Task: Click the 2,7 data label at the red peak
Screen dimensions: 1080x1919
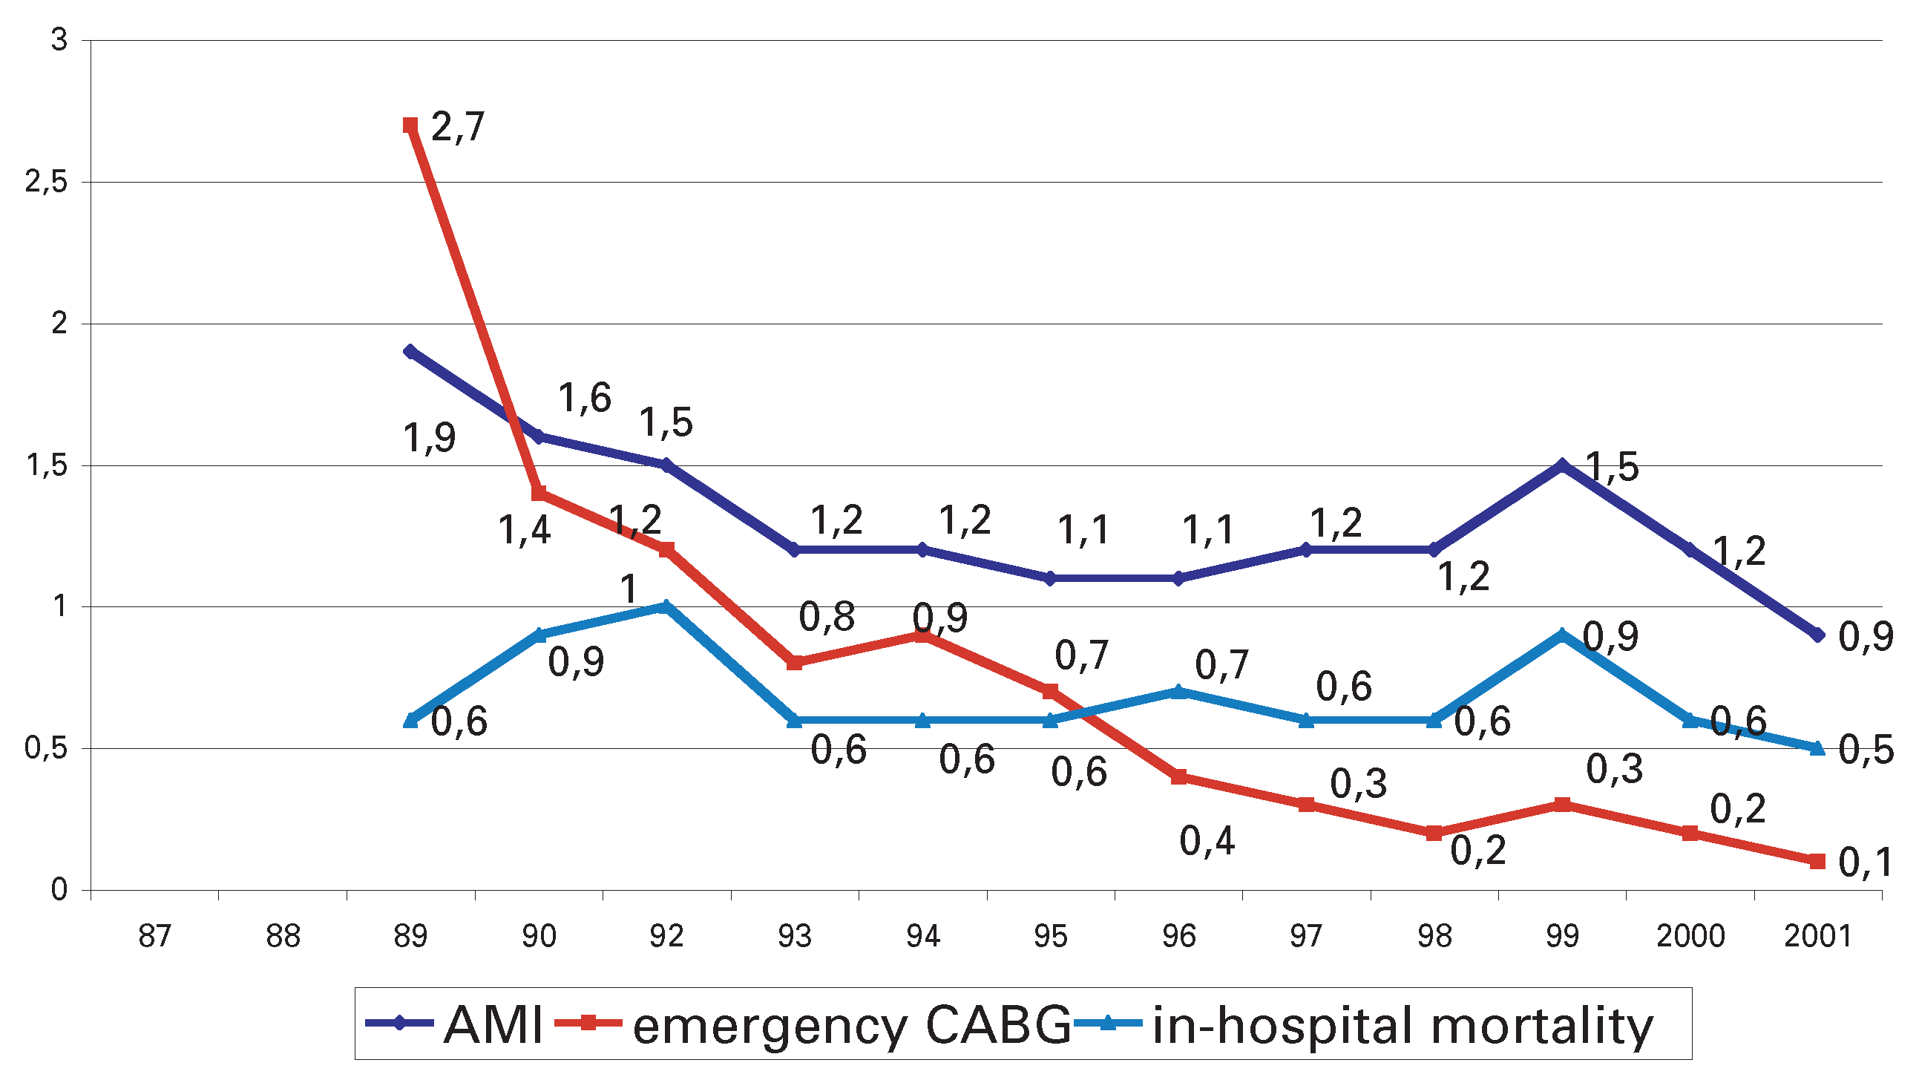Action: tap(457, 127)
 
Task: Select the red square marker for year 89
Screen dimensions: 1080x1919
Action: tap(410, 125)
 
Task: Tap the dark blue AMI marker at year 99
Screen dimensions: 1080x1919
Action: tap(1562, 465)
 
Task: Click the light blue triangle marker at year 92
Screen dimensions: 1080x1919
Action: tap(666, 606)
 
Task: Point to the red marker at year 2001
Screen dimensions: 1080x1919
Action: tap(1817, 861)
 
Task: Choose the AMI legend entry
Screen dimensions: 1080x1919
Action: tap(454, 1024)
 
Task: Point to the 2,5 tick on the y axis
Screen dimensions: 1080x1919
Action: tap(46, 182)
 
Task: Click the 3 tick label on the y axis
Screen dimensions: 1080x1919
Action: tap(59, 40)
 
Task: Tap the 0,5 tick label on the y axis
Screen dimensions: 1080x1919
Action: tap(46, 748)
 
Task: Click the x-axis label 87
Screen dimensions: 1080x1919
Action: tap(155, 936)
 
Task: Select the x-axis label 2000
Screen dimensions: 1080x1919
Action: tap(1690, 936)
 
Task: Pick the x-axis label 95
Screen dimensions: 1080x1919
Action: tap(1050, 936)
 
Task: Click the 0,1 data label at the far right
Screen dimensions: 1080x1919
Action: tap(1866, 863)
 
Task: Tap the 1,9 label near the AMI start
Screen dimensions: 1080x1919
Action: tap(429, 437)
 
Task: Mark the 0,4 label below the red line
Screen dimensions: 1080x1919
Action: tap(1207, 841)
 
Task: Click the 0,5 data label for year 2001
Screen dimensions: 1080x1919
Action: tap(1866, 750)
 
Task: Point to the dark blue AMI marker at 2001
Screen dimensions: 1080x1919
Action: tap(1817, 635)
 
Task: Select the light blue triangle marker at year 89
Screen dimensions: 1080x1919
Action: tap(410, 719)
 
